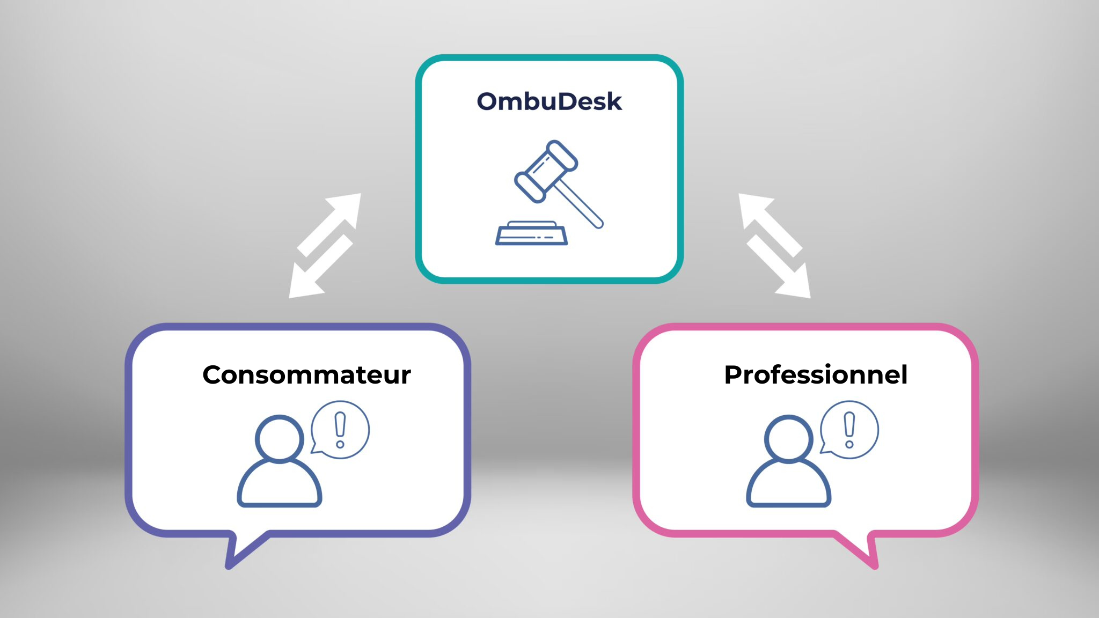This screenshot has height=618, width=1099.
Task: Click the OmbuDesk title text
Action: (549, 101)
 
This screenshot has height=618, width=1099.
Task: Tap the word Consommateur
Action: (306, 374)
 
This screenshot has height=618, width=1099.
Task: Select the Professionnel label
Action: (816, 374)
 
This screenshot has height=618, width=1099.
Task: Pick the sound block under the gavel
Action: (531, 233)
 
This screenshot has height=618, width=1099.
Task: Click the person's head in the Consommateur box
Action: (279, 438)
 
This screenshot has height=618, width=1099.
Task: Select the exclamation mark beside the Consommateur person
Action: (340, 430)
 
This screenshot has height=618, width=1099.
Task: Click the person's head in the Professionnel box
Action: (788, 438)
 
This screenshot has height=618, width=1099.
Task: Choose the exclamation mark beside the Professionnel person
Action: (849, 430)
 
